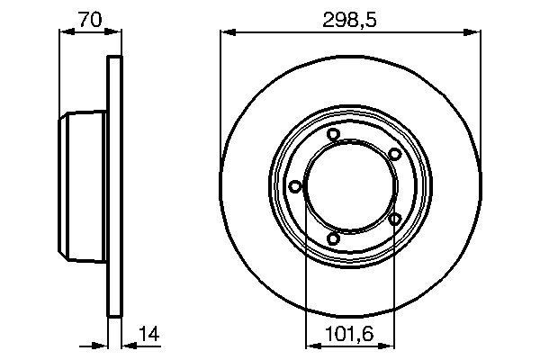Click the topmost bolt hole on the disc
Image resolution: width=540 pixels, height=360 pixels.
(333, 135)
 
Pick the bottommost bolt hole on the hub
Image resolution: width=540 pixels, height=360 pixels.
(333, 239)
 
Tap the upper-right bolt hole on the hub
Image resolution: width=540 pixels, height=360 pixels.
(394, 155)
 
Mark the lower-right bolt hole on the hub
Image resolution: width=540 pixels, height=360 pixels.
(394, 219)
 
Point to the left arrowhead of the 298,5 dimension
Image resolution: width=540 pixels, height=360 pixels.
(227, 33)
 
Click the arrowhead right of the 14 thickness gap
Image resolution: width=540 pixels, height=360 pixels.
(126, 344)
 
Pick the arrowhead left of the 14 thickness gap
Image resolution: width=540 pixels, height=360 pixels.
(102, 344)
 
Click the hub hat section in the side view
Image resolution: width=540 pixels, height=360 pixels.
(83, 187)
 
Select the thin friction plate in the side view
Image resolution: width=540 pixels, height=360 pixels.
(114, 187)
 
